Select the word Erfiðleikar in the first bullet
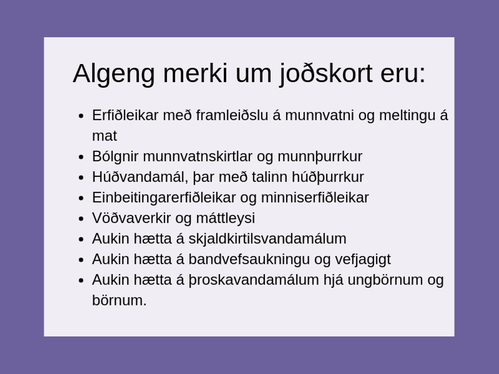coord(125,115)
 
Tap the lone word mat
coord(104,136)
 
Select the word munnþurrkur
coord(320,157)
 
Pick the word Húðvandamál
coord(140,177)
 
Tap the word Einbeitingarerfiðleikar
coord(164,198)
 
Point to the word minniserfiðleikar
coord(315,198)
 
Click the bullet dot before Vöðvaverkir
coord(81,219)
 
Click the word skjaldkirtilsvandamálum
coord(267,239)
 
